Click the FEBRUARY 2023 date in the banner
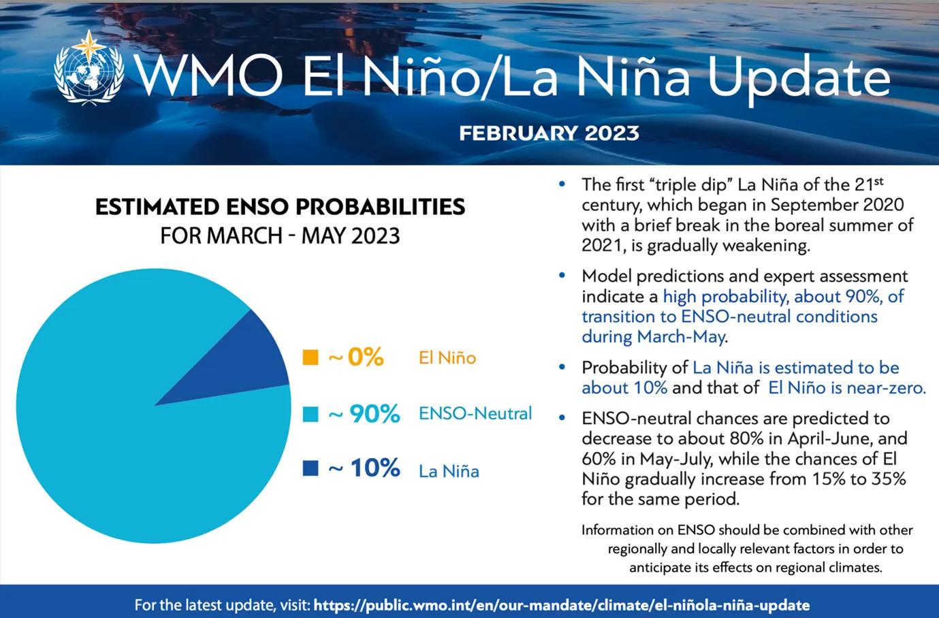[549, 132]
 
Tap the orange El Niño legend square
[311, 357]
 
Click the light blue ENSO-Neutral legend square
[311, 414]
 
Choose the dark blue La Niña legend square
[311, 469]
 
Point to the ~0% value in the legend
[356, 357]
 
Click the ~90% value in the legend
[364, 414]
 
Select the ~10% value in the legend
[364, 469]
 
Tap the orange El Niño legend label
[447, 358]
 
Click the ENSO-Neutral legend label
[475, 413]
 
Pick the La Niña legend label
[449, 471]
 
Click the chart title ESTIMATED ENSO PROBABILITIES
[280, 206]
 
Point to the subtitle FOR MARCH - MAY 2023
[280, 235]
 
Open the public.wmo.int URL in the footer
[562, 604]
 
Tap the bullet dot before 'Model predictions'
[562, 276]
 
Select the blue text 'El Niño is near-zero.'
[846, 388]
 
